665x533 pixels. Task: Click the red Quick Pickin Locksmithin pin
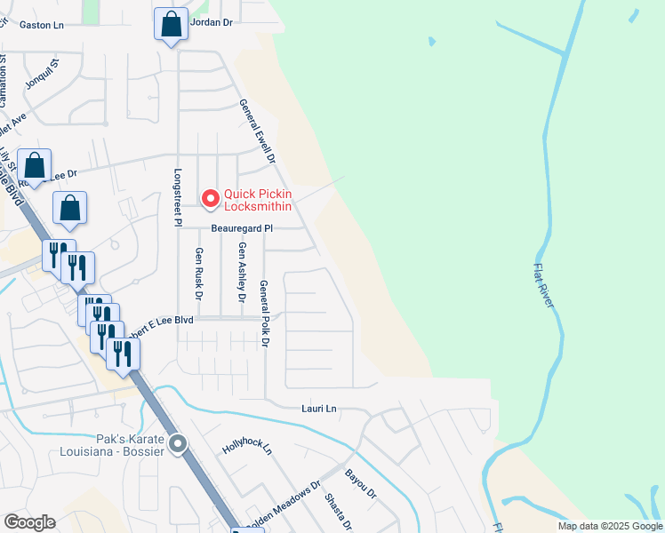pos(211,199)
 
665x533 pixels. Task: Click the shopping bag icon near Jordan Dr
pos(171,25)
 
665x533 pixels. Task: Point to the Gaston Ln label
pos(42,26)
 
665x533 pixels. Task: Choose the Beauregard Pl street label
pos(241,228)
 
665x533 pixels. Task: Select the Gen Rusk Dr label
pos(199,274)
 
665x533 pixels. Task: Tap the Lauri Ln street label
pos(319,409)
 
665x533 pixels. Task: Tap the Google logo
pos(29,521)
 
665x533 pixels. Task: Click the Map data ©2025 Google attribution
pos(609,526)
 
